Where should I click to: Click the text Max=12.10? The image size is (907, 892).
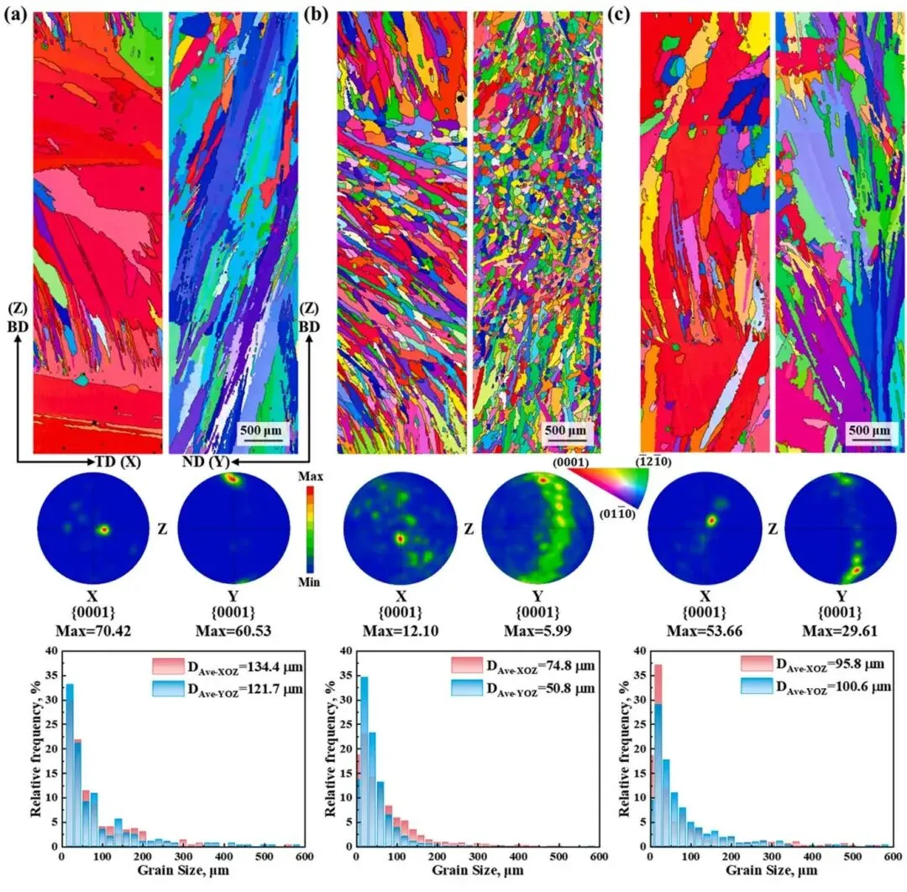tap(399, 628)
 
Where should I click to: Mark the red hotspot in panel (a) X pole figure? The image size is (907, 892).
tap(103, 529)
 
